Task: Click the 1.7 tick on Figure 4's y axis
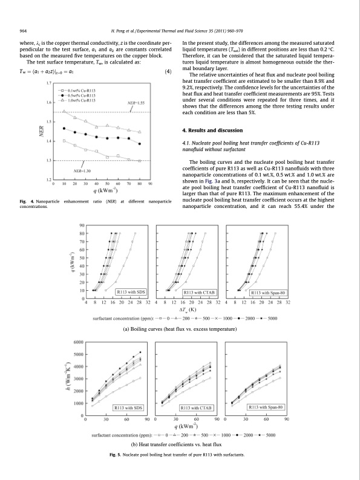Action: [x=48, y=83]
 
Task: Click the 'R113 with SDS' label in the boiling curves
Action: [x=129, y=292]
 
